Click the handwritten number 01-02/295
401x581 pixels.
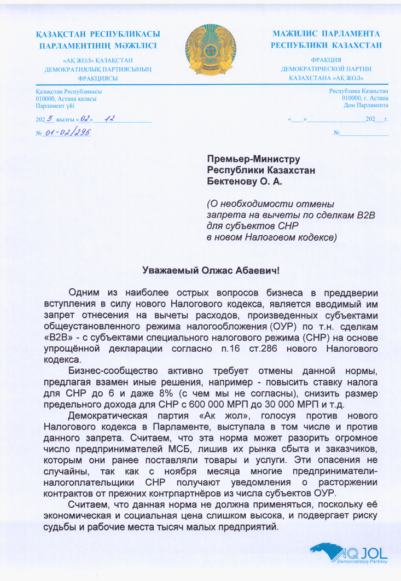68,132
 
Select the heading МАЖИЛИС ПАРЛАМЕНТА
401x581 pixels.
326,34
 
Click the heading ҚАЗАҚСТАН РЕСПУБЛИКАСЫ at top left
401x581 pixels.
97,34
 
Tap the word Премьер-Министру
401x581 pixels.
253,160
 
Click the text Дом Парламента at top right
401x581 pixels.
366,104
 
